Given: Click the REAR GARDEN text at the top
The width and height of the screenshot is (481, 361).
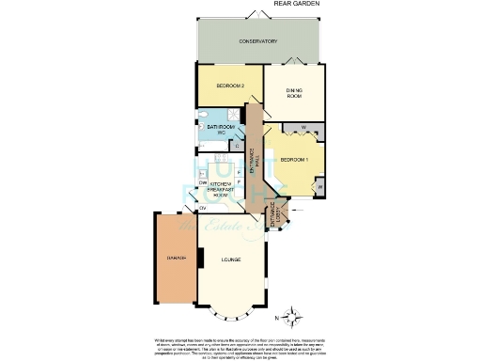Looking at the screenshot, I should point(296,5).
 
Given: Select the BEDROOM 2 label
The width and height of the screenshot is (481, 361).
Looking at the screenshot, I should point(230,86).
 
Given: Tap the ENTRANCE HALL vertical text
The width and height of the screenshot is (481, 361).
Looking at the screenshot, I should point(253,156).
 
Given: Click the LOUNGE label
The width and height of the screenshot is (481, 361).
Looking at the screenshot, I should point(231,259).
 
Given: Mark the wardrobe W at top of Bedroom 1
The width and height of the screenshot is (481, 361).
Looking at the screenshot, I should point(303,128).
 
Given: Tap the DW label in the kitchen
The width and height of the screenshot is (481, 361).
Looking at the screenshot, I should point(203,182).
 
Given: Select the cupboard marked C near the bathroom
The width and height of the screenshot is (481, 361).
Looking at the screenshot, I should point(237,146).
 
